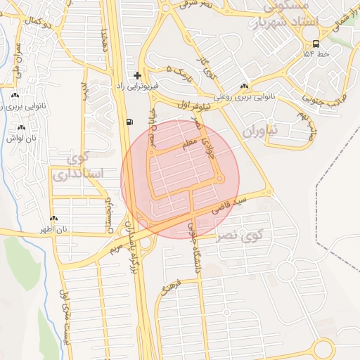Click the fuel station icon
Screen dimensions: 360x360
(x=129, y=121)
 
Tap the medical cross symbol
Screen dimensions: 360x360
(x=137, y=75)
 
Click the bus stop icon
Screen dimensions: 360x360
(x=315, y=43)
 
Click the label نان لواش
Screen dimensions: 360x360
(x=21, y=139)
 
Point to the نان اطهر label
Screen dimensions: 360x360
(x=53, y=229)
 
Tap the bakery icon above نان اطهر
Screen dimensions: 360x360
(x=53, y=219)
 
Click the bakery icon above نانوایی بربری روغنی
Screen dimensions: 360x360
(x=243, y=86)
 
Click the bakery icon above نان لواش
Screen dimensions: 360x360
(x=21, y=128)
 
